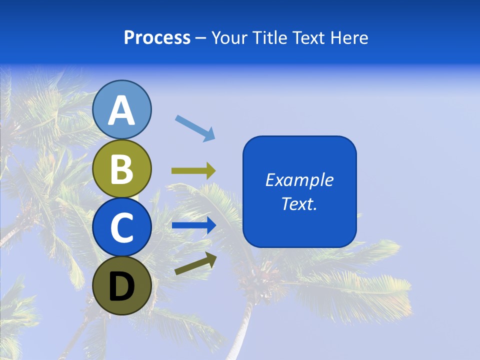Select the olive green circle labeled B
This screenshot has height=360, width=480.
click(x=122, y=169)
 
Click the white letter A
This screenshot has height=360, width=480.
click(x=122, y=111)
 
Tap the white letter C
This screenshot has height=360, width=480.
click(x=122, y=227)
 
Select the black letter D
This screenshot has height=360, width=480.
click(x=122, y=287)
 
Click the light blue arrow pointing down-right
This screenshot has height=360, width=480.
click(x=195, y=128)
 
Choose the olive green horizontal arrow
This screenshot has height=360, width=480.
click(x=193, y=171)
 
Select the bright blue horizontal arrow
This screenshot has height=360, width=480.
click(x=193, y=225)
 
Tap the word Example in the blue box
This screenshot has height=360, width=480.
click(x=299, y=180)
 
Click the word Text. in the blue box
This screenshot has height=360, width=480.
click(x=299, y=203)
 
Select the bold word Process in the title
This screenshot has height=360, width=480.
click(x=157, y=38)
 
